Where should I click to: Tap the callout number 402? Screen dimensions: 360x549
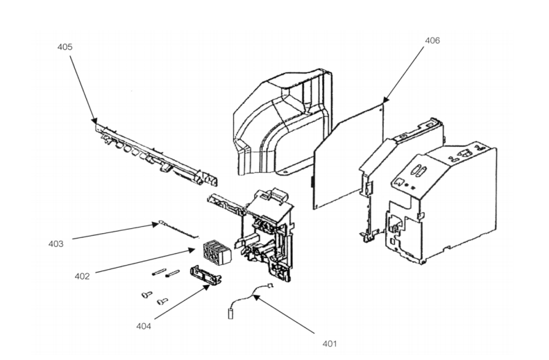click(x=83, y=275)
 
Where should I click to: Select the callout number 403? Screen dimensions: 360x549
click(x=56, y=243)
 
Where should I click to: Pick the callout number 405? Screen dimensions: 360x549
click(x=65, y=46)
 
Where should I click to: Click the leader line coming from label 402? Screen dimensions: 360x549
click(x=139, y=263)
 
